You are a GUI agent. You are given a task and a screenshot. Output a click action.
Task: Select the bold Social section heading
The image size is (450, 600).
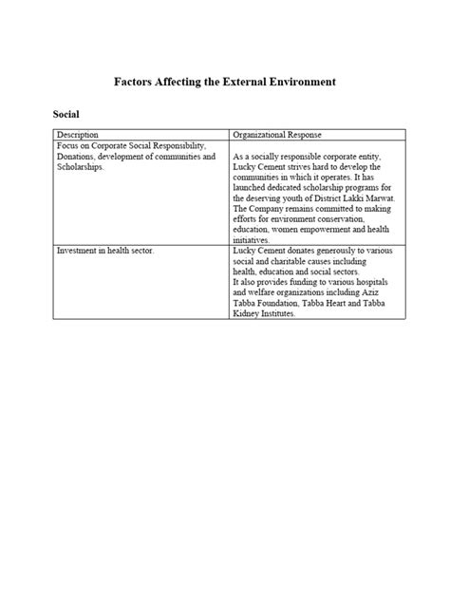point(66,114)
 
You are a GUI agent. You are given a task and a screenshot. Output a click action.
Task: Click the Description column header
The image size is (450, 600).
point(77,135)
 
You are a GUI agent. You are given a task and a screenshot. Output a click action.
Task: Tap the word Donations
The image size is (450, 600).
point(79,156)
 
